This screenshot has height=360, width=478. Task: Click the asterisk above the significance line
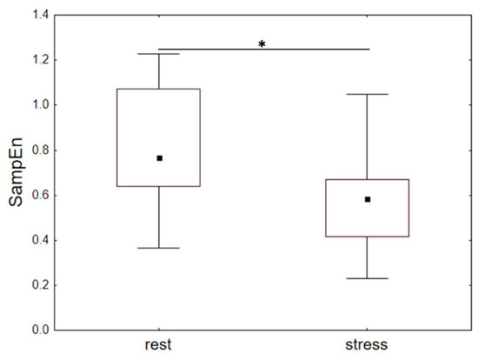[262, 44]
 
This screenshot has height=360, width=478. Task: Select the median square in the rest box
[159, 158]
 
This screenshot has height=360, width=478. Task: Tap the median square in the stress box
[368, 199]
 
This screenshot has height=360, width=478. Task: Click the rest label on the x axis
[158, 344]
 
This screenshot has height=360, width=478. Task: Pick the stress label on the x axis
[367, 344]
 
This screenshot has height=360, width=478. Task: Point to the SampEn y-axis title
[16, 172]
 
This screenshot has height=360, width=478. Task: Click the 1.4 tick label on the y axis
[41, 15]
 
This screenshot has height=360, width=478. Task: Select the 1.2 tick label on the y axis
[41, 60]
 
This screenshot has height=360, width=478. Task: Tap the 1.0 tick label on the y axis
[41, 105]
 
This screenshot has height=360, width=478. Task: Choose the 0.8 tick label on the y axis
[41, 150]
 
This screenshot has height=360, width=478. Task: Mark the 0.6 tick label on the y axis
[41, 196]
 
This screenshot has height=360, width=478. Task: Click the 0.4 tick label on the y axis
[41, 240]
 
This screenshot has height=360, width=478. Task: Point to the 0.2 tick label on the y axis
[41, 285]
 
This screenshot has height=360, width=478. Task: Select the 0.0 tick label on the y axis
[41, 330]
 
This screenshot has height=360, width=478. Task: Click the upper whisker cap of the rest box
[158, 54]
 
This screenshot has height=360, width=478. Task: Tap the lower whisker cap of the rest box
[158, 248]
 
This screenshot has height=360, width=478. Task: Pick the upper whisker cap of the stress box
[368, 94]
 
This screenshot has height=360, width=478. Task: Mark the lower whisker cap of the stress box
[368, 278]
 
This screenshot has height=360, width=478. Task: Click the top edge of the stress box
[368, 180]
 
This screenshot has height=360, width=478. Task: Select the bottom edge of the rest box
[158, 186]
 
